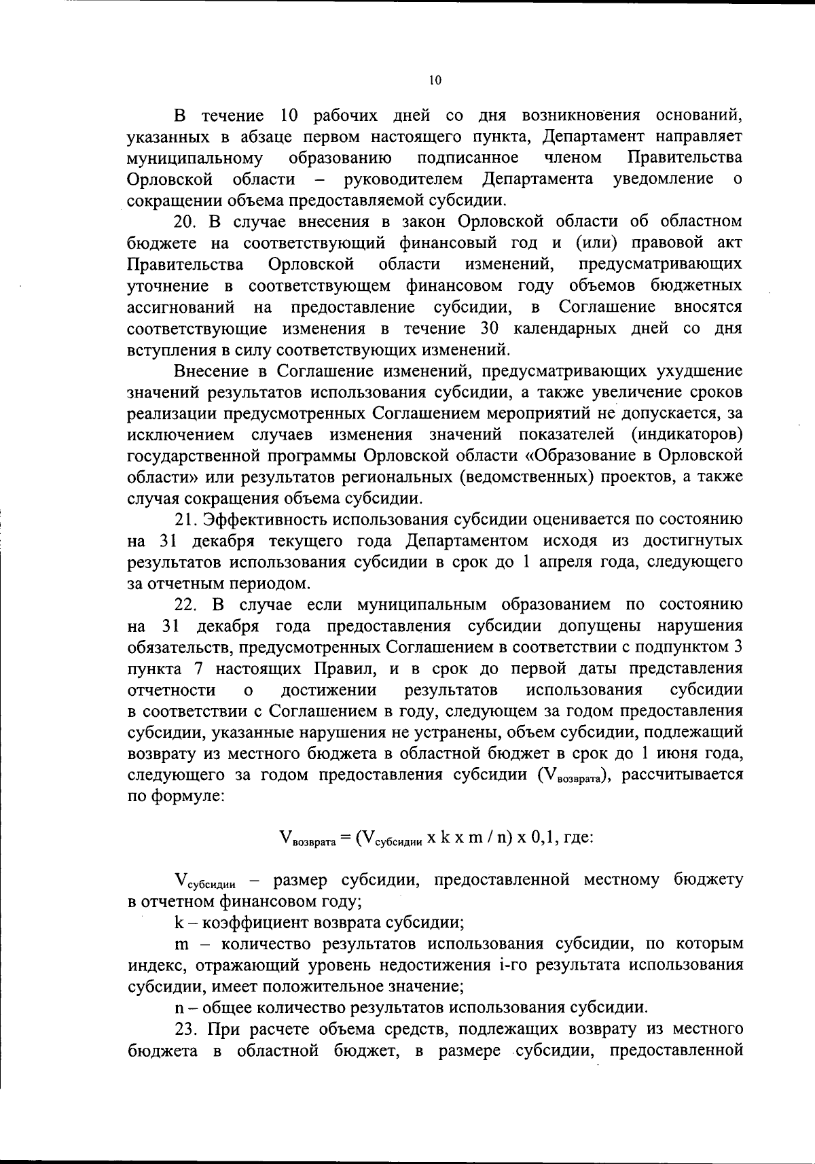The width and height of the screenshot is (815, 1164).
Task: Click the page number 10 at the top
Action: coord(435,81)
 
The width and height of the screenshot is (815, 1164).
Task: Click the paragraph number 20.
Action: coord(185,222)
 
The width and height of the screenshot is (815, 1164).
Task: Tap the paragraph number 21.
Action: coord(185,520)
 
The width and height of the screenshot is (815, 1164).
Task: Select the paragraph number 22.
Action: coord(185,604)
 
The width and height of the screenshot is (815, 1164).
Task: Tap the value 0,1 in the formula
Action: coord(545,837)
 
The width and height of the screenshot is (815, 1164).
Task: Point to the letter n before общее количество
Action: coord(178,1007)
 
